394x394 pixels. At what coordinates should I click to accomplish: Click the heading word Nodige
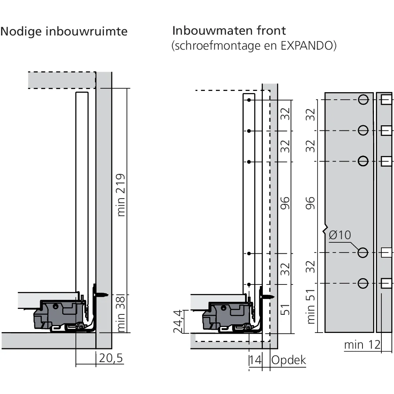coord(22,32)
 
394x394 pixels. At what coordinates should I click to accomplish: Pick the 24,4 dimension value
coord(179,321)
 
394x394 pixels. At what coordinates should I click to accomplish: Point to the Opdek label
coord(288,360)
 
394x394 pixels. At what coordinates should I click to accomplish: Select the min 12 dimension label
coord(362,345)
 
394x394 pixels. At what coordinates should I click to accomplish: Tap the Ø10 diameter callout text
coord(339,235)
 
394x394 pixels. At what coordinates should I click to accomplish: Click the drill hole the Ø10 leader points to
coord(363,253)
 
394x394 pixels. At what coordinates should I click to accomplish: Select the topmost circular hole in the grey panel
coord(363,99)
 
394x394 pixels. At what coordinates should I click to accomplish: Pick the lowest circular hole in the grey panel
coord(363,283)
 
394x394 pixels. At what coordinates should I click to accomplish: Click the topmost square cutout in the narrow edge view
coord(386,99)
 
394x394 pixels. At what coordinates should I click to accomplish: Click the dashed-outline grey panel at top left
coord(62,80)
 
